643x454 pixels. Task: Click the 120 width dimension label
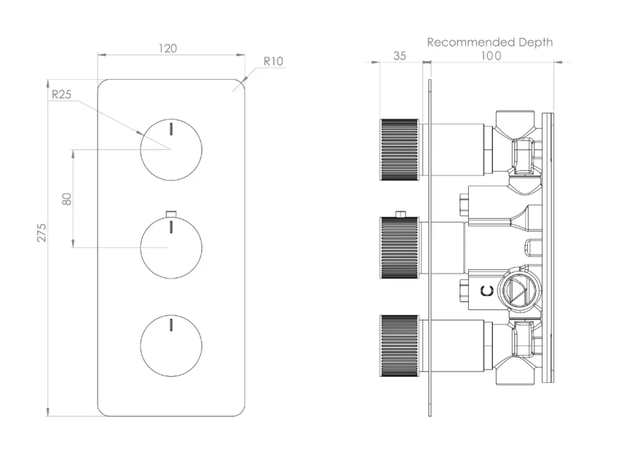[167, 48]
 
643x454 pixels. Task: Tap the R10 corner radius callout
[273, 61]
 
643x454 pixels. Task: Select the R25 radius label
[62, 94]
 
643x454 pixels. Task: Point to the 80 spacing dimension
[67, 199]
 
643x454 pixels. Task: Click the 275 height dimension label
[42, 232]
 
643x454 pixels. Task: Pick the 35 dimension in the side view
[399, 56]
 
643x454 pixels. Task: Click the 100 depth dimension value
[491, 56]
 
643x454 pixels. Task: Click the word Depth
[536, 43]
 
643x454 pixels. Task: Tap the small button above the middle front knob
[171, 214]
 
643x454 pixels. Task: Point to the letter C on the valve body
[487, 291]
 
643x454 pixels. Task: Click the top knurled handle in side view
[399, 150]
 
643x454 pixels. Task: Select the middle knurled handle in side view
[399, 248]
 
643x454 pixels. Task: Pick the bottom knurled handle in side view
[399, 346]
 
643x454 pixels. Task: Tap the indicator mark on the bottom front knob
[171, 324]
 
